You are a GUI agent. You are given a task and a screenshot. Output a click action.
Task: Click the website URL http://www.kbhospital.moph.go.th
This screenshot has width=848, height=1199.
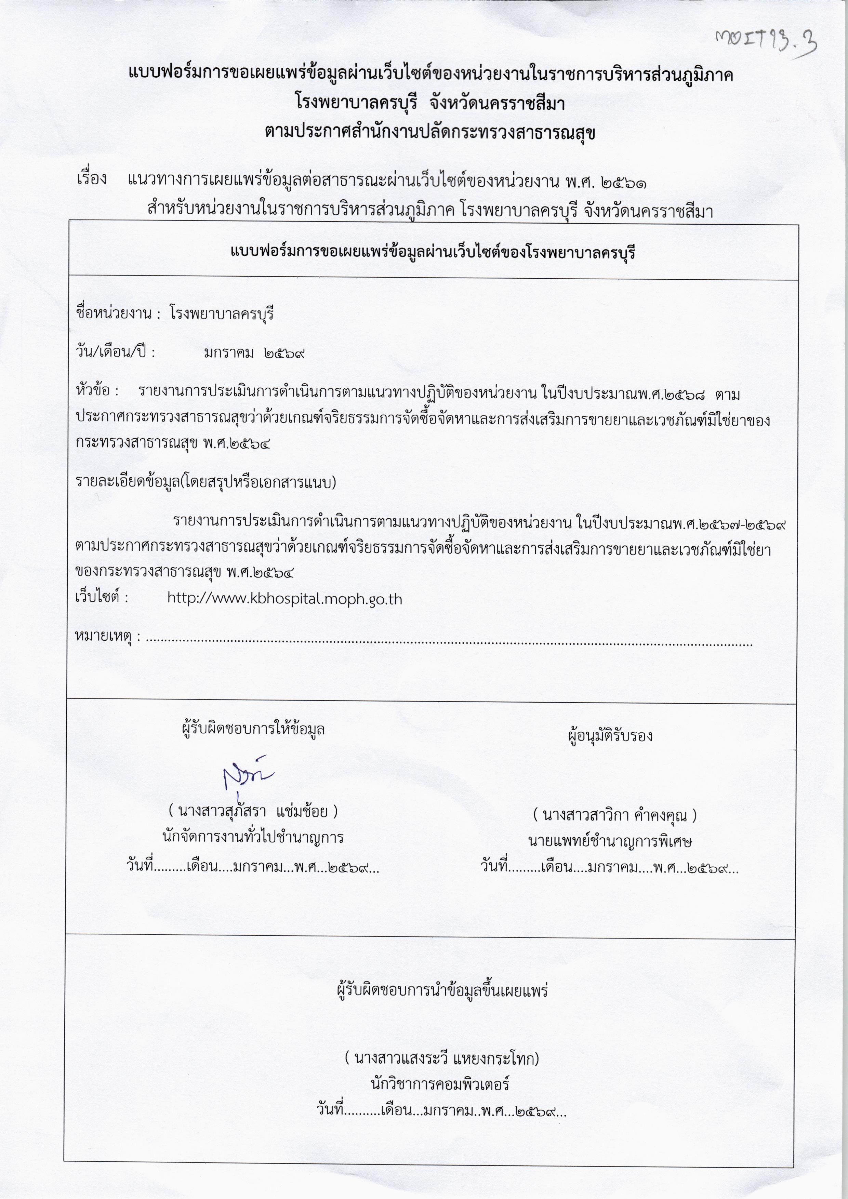click(x=284, y=598)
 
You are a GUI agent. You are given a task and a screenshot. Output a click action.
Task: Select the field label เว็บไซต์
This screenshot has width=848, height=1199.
click(x=101, y=597)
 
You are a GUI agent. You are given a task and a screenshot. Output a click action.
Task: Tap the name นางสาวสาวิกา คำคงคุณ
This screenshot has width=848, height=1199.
click(x=614, y=815)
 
